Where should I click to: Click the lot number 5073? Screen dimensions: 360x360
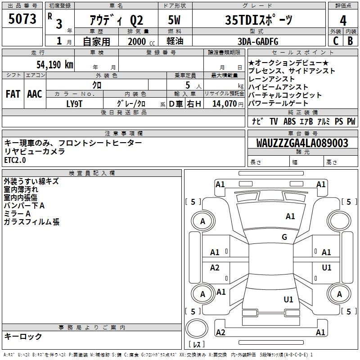[22, 19]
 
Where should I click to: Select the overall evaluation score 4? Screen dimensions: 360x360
[343, 21]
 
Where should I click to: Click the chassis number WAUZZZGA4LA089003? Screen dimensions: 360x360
[302, 143]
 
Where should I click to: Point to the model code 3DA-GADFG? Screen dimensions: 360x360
[258, 41]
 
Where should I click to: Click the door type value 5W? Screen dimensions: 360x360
[174, 20]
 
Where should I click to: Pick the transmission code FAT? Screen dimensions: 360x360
[13, 94]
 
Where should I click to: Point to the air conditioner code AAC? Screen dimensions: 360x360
[35, 94]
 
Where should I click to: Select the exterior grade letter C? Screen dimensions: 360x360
[335, 41]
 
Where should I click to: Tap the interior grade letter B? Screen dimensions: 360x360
[350, 41]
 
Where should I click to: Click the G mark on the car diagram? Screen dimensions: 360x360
[284, 237]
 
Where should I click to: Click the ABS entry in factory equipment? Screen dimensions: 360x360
[289, 121]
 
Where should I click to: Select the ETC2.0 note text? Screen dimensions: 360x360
[15, 160]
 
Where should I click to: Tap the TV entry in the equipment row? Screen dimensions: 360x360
[274, 121]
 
